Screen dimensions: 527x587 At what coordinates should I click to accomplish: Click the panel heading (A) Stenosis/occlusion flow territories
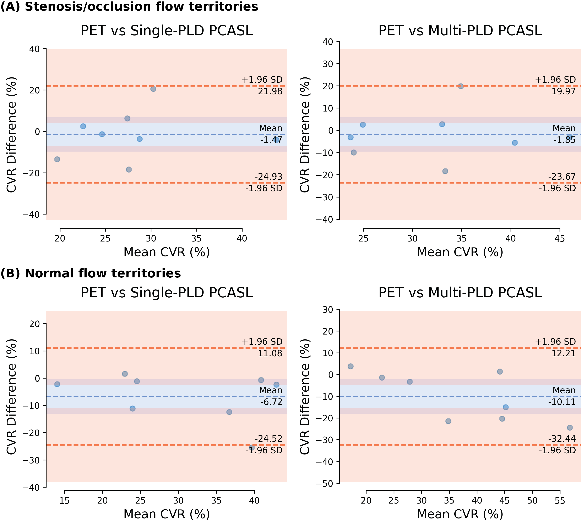(129, 7)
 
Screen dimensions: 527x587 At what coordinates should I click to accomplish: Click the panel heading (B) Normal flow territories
(91, 273)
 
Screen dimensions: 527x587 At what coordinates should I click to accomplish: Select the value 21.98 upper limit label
(270, 92)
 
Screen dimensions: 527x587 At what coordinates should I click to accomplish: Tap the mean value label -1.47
(271, 140)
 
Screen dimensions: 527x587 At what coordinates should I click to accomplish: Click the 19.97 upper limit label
(563, 92)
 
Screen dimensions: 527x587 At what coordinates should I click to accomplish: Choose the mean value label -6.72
(271, 402)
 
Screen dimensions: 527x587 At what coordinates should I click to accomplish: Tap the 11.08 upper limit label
(270, 353)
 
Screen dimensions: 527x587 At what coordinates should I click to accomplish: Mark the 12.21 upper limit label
(563, 353)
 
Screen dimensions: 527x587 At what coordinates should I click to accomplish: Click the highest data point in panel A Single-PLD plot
(153, 89)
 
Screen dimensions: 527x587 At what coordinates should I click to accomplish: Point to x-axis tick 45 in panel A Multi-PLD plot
(560, 239)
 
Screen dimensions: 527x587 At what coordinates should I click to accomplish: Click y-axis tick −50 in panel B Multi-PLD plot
(324, 483)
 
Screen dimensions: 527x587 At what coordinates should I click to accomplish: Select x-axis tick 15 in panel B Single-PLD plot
(64, 501)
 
